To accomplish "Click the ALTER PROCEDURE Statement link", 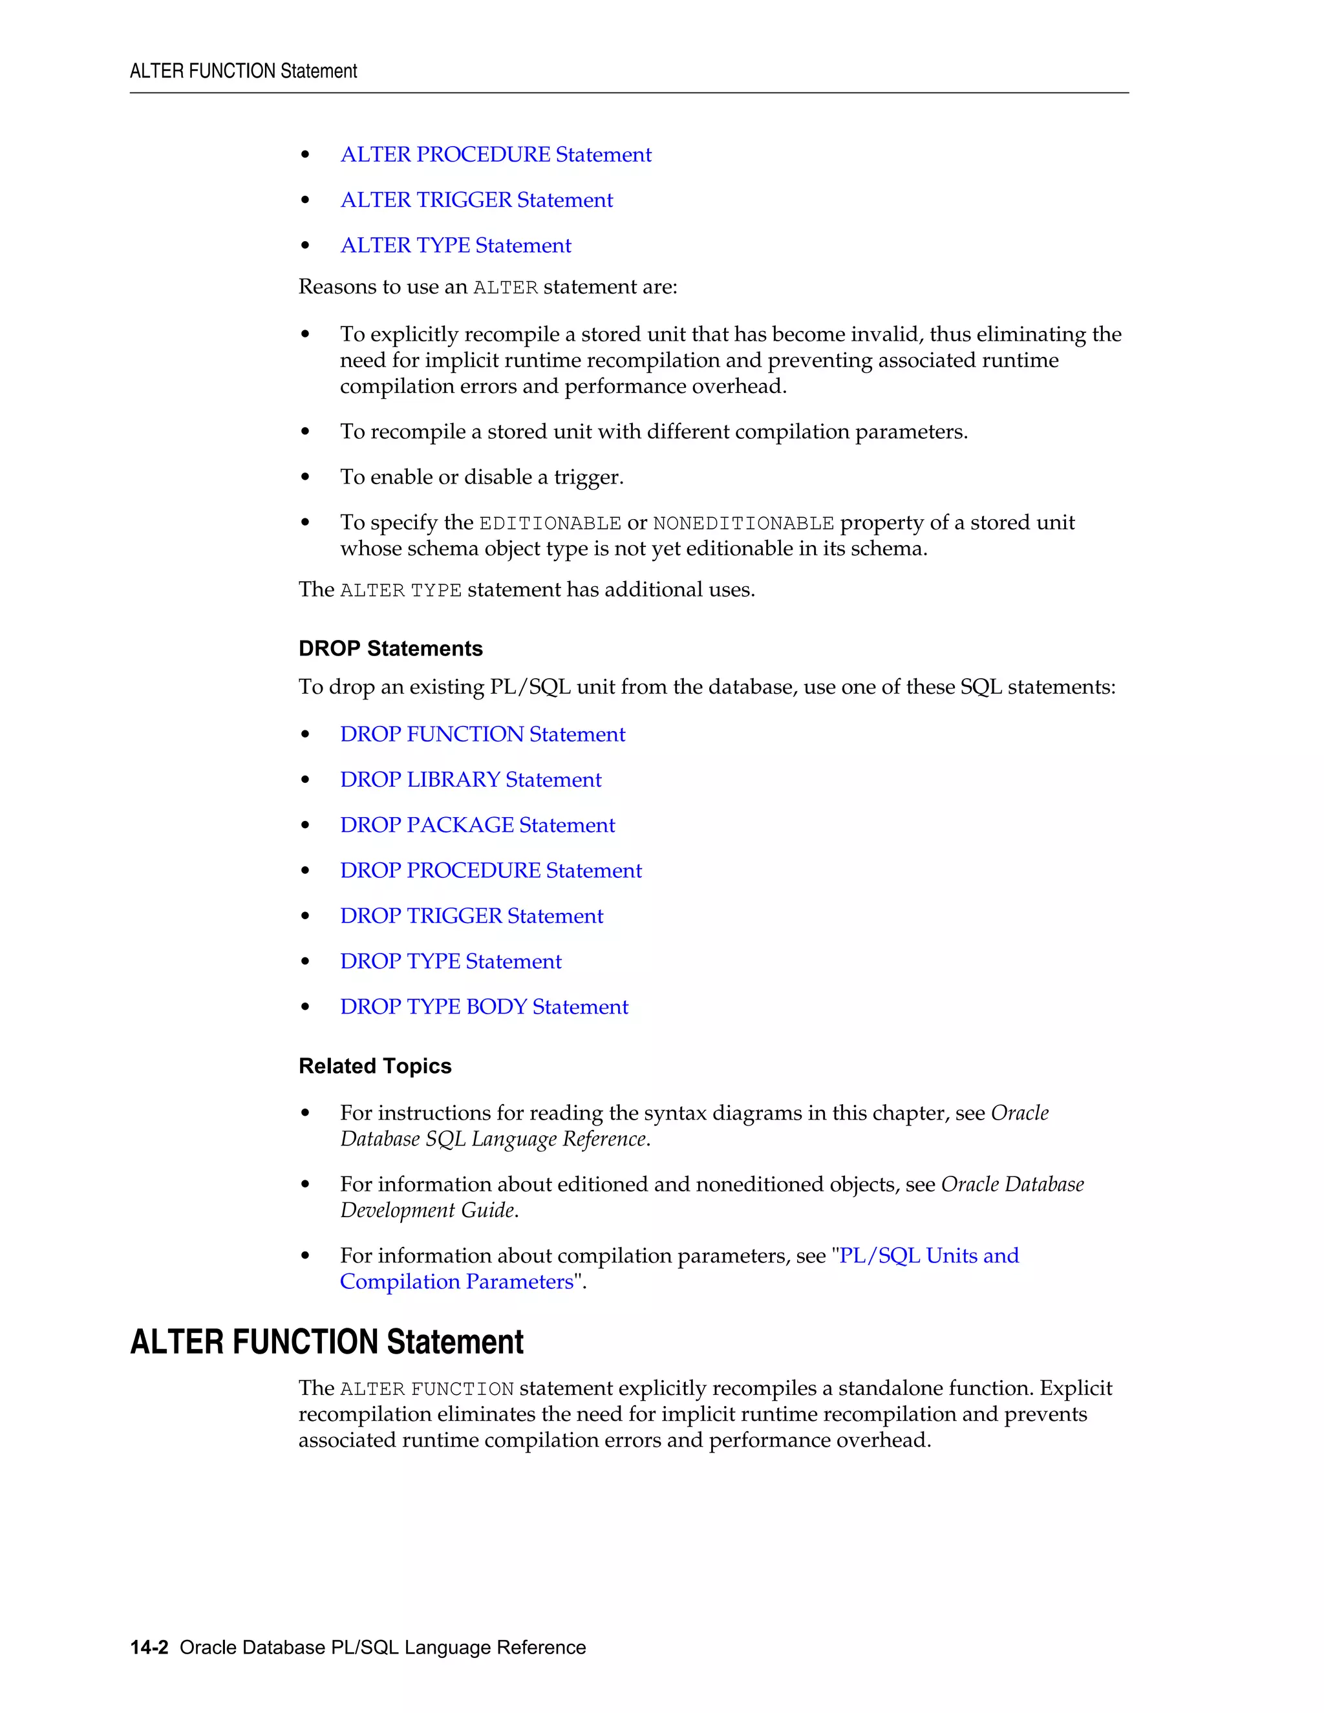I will (495, 154).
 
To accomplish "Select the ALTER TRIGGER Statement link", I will (476, 200).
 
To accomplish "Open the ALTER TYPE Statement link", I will (455, 246).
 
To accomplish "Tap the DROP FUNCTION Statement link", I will (482, 734).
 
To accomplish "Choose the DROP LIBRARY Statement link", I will (471, 780).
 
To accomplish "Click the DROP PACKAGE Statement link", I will (477, 825).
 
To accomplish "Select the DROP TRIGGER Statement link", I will (471, 916).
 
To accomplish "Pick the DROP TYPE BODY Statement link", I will (484, 1007).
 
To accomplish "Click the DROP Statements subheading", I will (390, 648).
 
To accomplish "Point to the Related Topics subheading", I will (375, 1066).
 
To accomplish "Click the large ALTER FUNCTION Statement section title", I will (326, 1342).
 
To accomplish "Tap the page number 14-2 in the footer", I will (149, 1647).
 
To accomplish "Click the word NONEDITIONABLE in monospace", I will (743, 523).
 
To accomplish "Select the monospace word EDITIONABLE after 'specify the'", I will (550, 523).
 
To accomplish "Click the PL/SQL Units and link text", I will (929, 1256).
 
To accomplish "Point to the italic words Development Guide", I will (427, 1210).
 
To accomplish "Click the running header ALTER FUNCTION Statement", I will (243, 71).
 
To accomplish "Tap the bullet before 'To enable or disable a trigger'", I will (305, 477).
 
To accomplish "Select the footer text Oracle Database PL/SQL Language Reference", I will (383, 1647).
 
